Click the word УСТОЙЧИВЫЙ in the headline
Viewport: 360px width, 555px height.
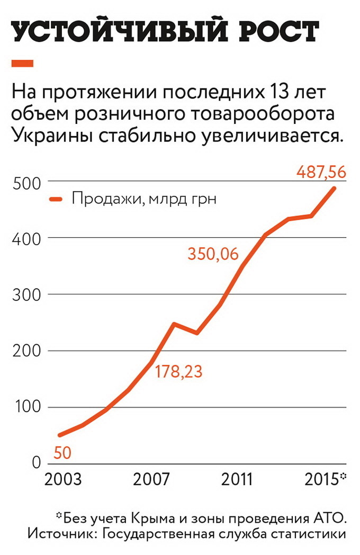coord(111,33)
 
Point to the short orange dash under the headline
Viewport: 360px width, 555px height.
coord(22,64)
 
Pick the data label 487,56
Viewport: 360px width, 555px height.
coord(321,172)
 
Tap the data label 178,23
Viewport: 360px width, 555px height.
coord(178,371)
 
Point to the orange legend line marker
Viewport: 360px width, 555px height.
coord(57,200)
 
